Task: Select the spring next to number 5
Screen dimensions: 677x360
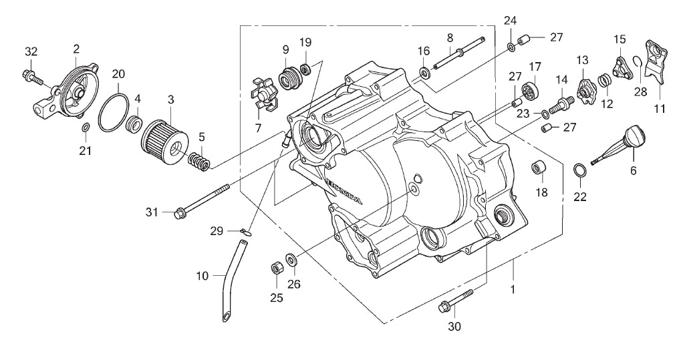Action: [200, 160]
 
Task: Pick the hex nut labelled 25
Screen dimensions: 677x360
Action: [276, 268]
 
